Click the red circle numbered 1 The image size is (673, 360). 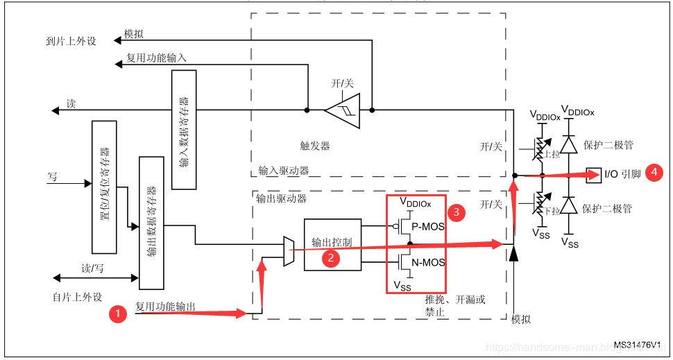coord(119,314)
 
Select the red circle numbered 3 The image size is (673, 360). coord(456,212)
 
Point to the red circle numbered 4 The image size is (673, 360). coord(653,173)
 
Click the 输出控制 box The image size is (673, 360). coord(332,243)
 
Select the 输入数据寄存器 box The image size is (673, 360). coord(184,129)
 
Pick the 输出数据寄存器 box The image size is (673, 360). coord(151,223)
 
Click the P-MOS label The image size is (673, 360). coord(428,226)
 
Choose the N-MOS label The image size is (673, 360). coord(428,263)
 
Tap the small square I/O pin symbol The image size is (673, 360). coord(593,174)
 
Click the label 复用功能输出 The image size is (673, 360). coord(165,306)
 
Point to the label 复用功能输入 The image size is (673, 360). coord(156,58)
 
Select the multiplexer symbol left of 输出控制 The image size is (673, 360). coord(289,250)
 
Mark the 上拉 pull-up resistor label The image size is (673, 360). coord(552,154)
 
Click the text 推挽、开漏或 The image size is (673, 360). coord(455,300)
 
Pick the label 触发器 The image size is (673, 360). coord(315,146)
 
